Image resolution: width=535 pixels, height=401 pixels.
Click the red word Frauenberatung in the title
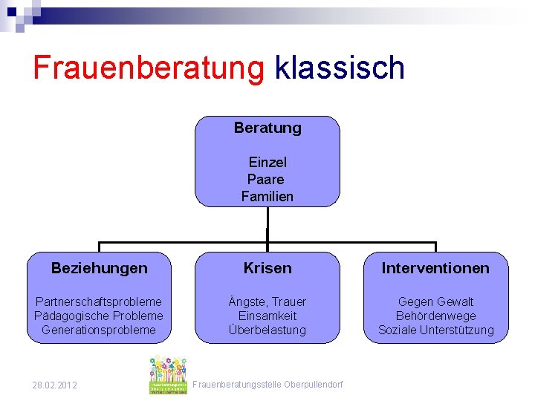click(149, 68)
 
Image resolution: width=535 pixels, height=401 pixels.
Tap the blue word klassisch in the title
click(340, 68)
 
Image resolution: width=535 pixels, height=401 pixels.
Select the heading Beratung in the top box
click(267, 128)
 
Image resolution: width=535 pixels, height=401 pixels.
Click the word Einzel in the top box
click(267, 162)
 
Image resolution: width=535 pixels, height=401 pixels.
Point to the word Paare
click(266, 179)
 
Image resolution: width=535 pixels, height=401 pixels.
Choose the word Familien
click(267, 197)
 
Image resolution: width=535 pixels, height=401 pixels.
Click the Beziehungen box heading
click(99, 268)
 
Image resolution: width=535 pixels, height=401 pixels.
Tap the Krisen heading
click(267, 268)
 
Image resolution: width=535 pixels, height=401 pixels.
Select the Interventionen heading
click(435, 268)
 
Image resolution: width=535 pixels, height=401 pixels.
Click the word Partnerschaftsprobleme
click(99, 301)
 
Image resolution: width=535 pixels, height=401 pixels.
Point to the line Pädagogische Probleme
click(99, 316)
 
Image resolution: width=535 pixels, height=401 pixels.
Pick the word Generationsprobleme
click(99, 330)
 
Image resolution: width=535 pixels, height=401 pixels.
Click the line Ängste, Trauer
click(267, 301)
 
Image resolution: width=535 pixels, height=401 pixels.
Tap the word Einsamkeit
click(267, 316)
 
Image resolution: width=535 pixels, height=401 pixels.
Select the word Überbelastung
click(267, 330)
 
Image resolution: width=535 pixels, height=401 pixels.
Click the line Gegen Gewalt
click(435, 301)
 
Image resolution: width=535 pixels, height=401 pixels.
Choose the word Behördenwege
click(435, 316)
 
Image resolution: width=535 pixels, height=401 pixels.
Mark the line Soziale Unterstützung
click(435, 330)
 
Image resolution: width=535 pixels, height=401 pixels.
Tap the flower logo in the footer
click(168, 375)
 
